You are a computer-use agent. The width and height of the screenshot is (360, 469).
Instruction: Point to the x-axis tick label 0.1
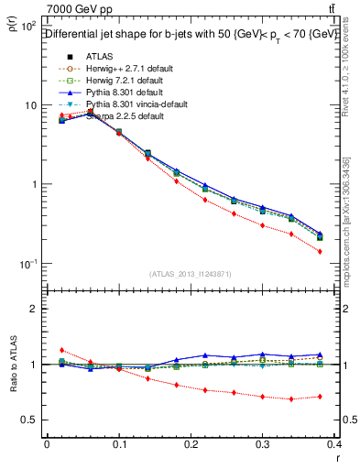point(118,444)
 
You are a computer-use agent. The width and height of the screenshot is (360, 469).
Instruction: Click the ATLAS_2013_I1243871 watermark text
point(190,274)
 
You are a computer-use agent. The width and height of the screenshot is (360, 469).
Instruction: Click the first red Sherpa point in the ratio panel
point(60,350)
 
